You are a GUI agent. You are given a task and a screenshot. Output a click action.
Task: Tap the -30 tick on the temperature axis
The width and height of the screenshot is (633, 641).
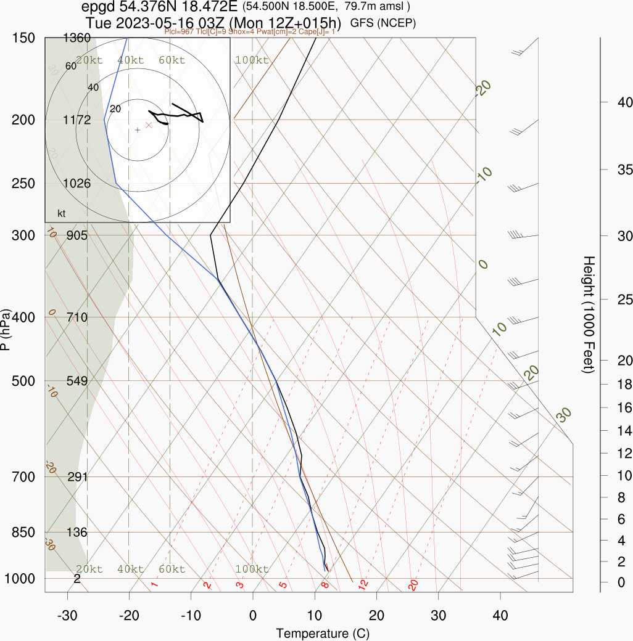click(x=67, y=616)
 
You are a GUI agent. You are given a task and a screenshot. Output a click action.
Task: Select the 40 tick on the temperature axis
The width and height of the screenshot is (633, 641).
click(x=500, y=616)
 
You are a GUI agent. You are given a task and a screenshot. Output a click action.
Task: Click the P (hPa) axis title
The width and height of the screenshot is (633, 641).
click(x=6, y=329)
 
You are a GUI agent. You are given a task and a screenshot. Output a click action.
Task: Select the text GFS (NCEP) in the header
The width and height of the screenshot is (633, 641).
click(x=383, y=23)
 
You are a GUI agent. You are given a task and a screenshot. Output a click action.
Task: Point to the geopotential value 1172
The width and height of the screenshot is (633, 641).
click(x=77, y=120)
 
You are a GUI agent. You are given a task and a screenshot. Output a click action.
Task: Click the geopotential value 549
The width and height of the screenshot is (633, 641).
click(x=77, y=381)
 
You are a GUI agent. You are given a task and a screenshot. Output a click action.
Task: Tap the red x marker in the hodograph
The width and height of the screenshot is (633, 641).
click(x=148, y=125)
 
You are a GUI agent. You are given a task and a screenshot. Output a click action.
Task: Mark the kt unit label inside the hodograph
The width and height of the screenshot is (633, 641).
click(x=62, y=213)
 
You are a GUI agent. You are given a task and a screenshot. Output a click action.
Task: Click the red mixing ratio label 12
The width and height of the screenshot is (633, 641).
click(x=363, y=584)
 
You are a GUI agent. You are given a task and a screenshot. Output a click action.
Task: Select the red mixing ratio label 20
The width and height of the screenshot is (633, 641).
click(x=413, y=584)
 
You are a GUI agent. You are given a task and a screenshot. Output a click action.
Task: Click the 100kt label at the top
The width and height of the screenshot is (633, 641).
click(x=252, y=60)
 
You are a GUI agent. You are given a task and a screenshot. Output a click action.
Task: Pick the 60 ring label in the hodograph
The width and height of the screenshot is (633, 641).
click(x=71, y=66)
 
